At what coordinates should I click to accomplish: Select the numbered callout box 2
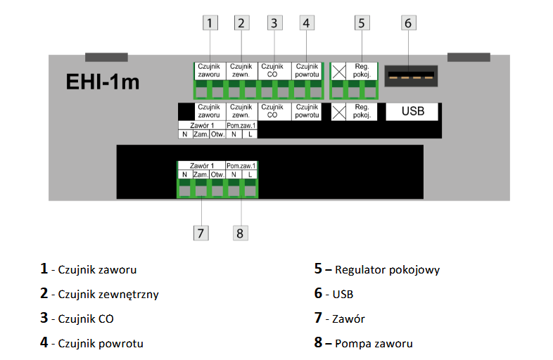point(241,22)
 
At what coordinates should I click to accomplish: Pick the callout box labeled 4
point(305,22)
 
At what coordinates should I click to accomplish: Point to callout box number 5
point(361,22)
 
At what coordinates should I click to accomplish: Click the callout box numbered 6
point(408,22)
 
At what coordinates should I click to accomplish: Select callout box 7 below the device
point(201,233)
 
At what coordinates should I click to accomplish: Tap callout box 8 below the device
point(240,233)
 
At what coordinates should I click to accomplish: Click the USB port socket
point(410,75)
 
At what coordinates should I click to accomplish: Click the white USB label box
point(412,111)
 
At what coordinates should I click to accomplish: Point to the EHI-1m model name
point(102,82)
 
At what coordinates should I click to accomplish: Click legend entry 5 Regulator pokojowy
point(377,269)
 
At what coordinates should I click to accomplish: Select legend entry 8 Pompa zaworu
point(363,344)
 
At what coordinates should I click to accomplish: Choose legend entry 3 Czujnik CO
point(77,319)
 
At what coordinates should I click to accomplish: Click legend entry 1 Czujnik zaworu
point(89,269)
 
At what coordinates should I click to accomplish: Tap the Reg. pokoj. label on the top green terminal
point(362,71)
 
